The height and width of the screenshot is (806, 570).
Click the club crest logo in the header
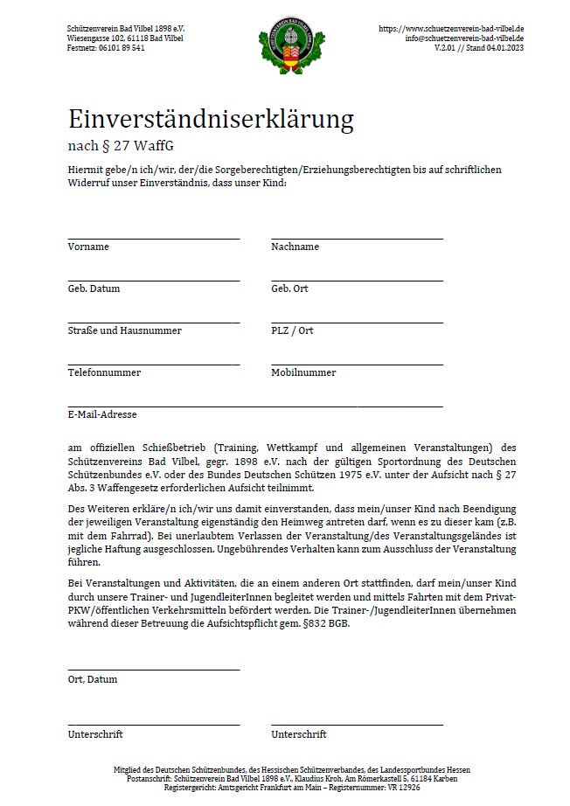(285, 49)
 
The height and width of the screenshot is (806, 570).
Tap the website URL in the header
(451, 29)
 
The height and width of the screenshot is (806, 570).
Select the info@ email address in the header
(464, 38)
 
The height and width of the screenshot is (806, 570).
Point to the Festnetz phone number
(123, 48)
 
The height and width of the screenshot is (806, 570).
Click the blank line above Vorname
(154, 238)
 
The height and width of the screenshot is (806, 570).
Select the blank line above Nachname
(357, 238)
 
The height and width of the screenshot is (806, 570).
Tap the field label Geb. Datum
(94, 288)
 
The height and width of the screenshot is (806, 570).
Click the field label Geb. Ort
(289, 288)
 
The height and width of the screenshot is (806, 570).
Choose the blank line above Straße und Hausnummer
(154, 323)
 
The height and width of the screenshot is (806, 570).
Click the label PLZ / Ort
(292, 330)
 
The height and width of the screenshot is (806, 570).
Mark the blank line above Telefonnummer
(154, 365)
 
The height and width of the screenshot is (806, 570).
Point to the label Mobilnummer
(303, 372)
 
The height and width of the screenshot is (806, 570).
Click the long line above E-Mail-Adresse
(255, 406)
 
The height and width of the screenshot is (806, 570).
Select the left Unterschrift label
(95, 734)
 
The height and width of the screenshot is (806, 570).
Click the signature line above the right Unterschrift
(357, 726)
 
